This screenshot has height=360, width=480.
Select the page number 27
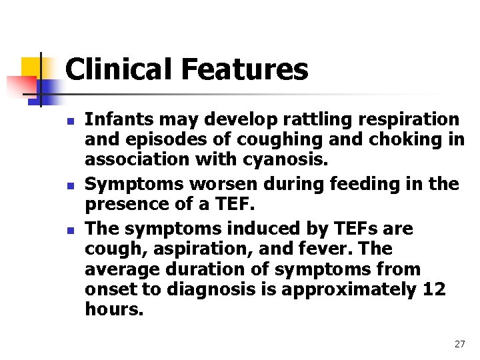[459, 344]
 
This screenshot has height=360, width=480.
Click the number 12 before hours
[434, 290]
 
